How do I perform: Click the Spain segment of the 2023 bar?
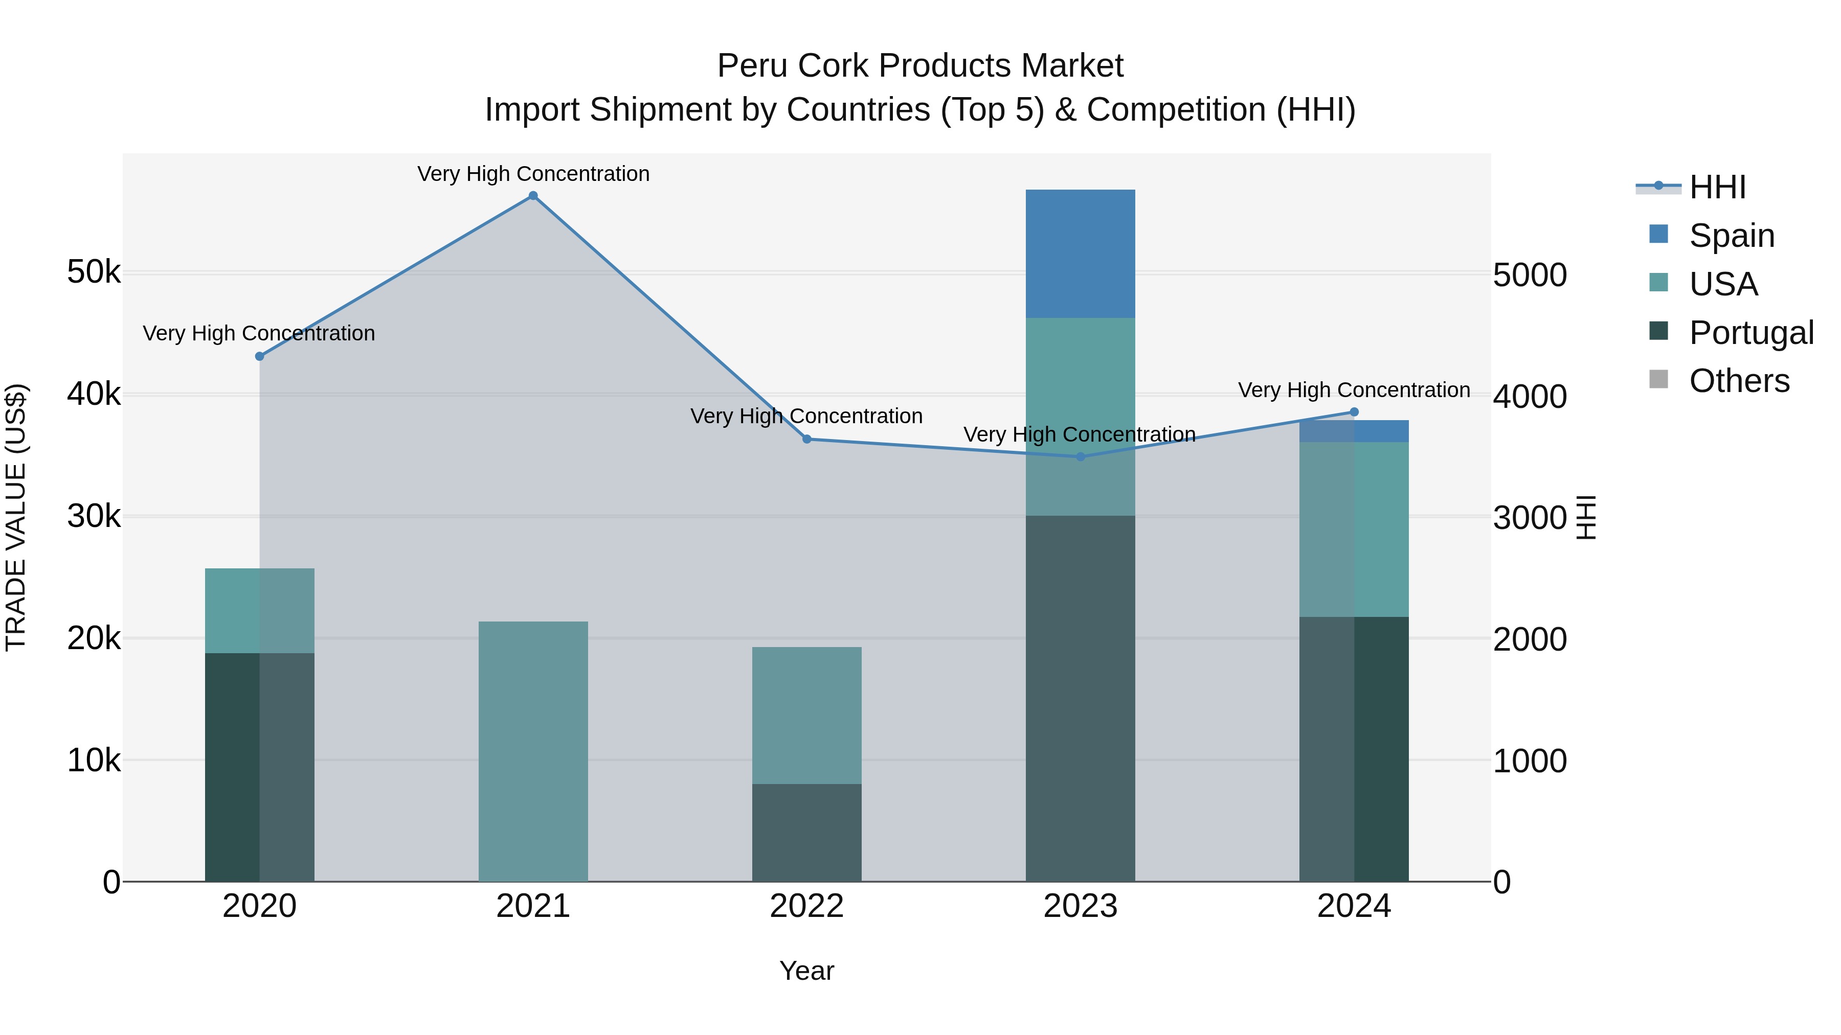coord(1080,254)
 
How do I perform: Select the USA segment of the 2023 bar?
coord(1080,417)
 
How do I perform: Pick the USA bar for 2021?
coord(533,751)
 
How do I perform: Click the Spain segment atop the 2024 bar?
coord(1354,431)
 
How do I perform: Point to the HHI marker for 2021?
coord(533,196)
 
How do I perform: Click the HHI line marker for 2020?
coord(259,356)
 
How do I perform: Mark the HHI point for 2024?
coord(1354,412)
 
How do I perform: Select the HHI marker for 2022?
coord(807,439)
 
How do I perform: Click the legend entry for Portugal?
coord(1750,333)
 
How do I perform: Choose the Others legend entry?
coord(1738,381)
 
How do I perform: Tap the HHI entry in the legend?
coord(1717,187)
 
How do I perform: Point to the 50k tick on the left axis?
coord(94,272)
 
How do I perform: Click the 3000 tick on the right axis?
coord(1530,518)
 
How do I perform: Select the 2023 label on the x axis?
coord(1080,906)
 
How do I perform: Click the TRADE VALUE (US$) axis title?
coord(16,517)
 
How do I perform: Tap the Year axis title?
coord(806,971)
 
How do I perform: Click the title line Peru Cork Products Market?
coord(920,66)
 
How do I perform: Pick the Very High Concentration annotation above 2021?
coord(533,174)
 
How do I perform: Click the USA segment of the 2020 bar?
coord(259,611)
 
